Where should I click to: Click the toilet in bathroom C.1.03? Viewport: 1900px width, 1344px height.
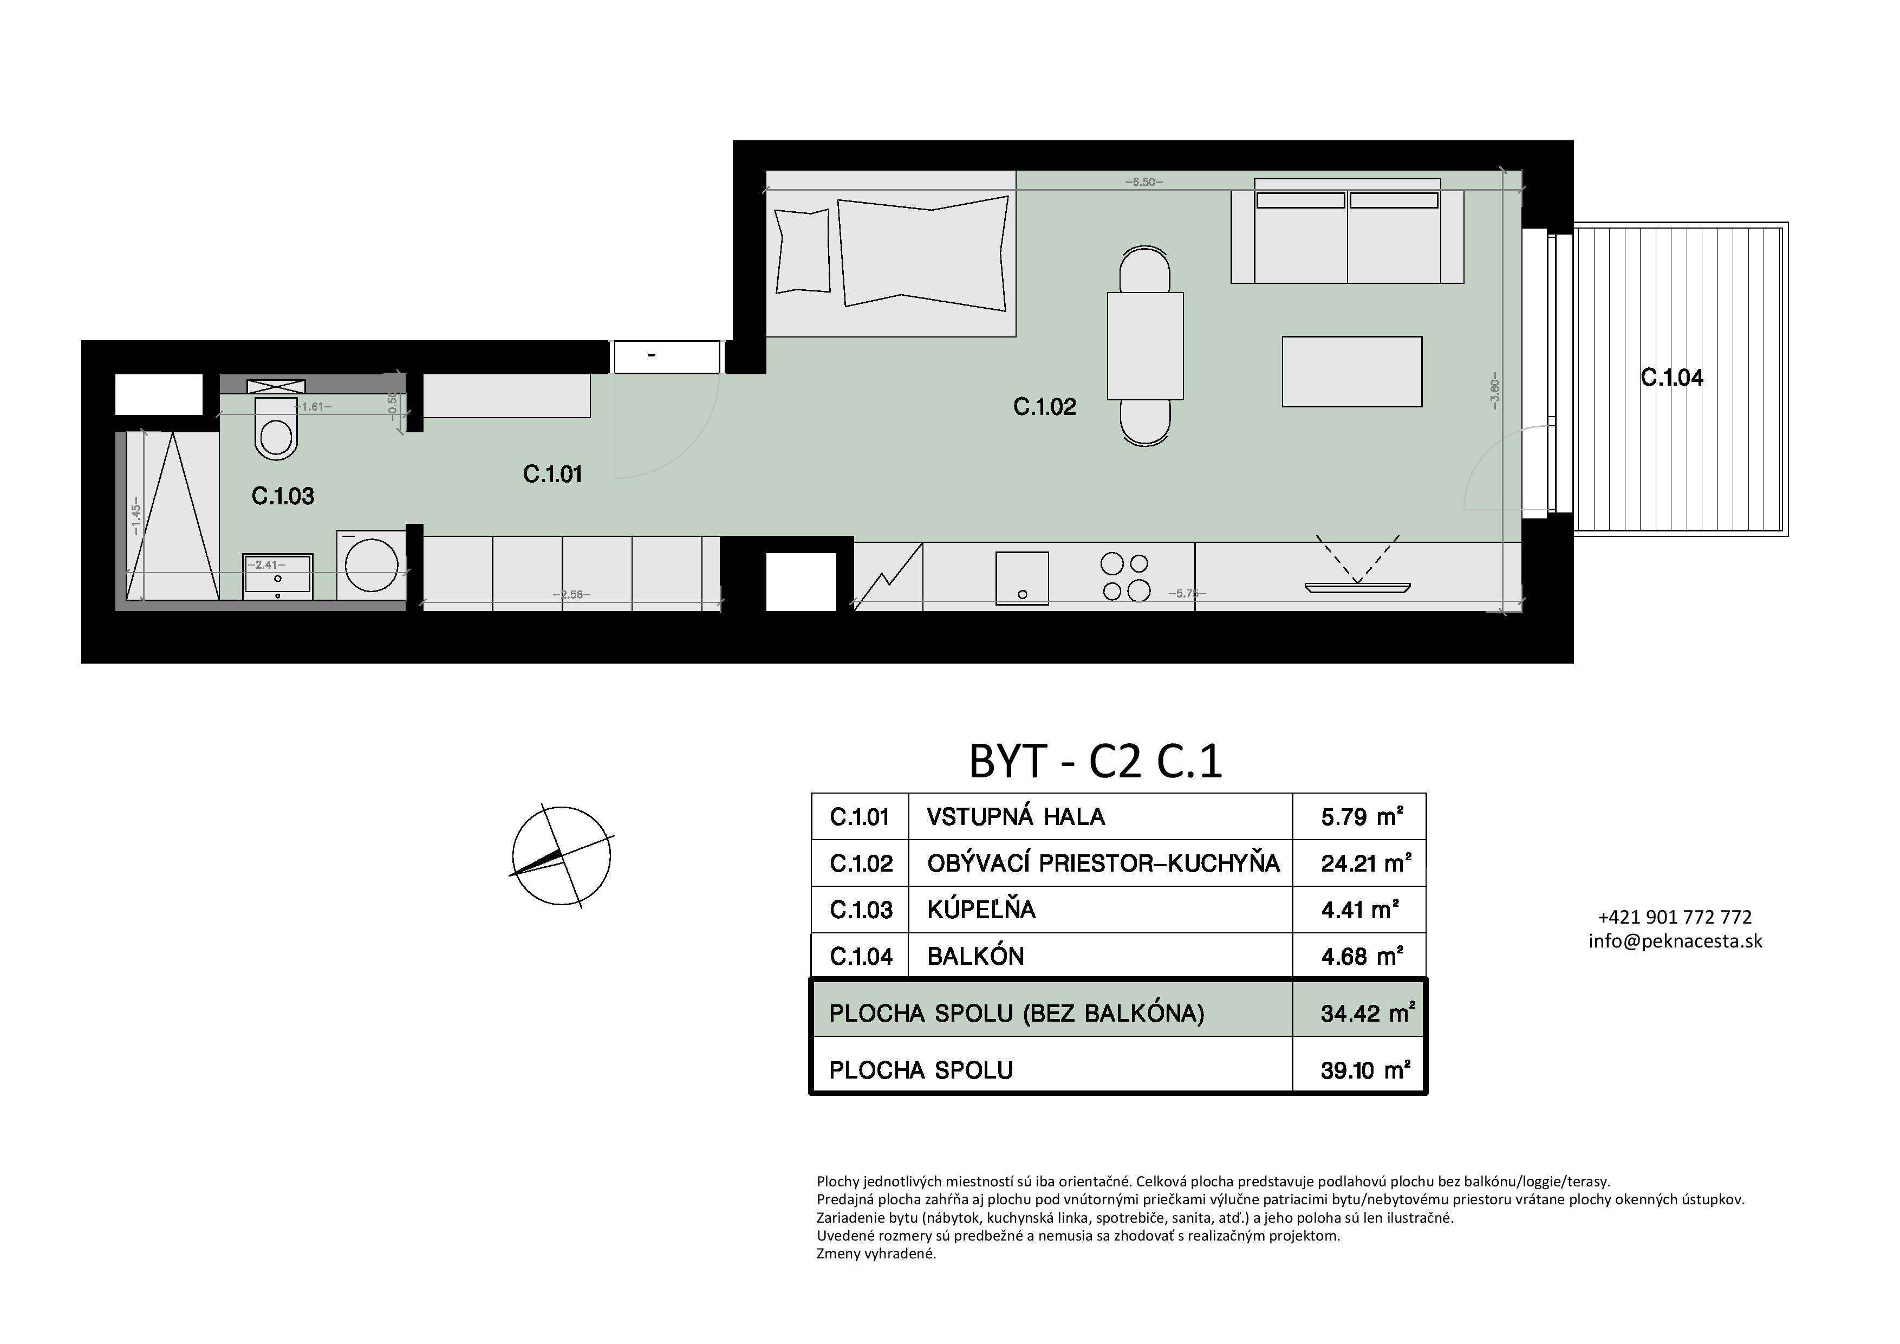[276, 428]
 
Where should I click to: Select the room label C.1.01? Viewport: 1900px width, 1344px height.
[553, 474]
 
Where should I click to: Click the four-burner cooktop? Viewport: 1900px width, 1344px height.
[1126, 577]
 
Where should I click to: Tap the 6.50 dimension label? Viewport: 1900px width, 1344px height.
[1144, 182]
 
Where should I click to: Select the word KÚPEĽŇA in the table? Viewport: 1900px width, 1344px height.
[981, 910]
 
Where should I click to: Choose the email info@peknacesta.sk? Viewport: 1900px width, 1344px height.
[1676, 941]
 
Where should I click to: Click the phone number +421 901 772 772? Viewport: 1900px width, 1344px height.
[1676, 917]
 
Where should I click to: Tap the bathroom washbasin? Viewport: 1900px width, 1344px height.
[277, 576]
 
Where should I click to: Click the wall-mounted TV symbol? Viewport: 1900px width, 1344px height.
[1357, 588]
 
